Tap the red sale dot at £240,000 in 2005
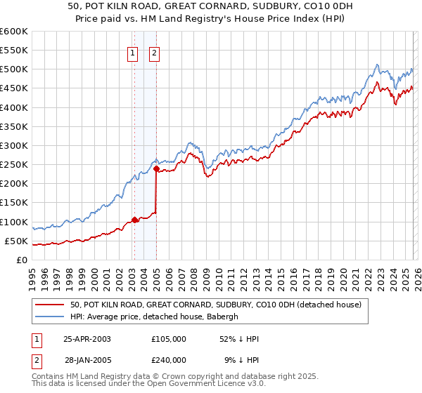156,168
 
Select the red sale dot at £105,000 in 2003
134,220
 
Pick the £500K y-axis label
13,69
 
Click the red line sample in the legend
50,305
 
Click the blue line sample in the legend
50,317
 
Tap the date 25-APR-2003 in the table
91,338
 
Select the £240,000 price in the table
168,359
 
